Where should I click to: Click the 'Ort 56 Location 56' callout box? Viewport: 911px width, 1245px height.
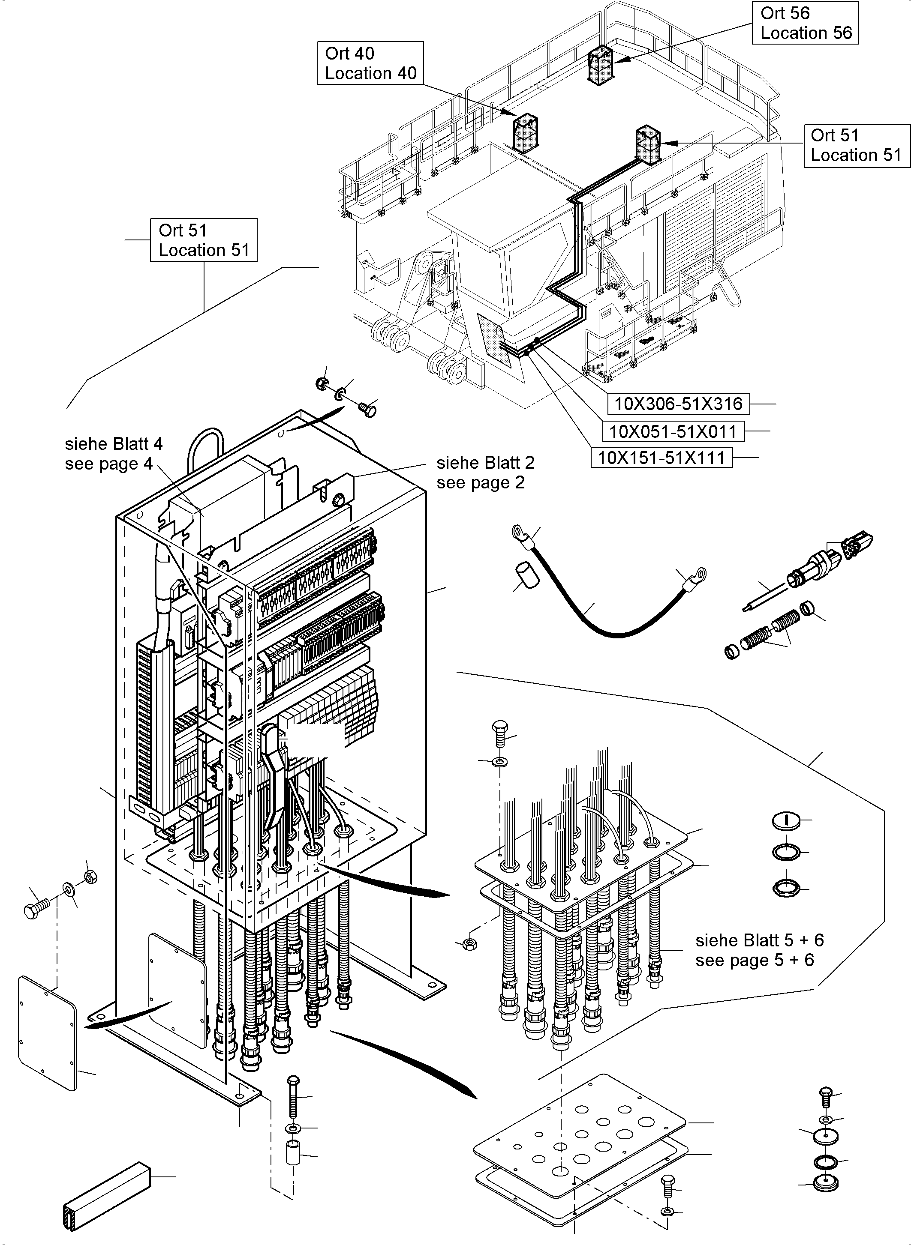(805, 23)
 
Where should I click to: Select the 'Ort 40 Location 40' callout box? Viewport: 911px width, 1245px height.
(370, 63)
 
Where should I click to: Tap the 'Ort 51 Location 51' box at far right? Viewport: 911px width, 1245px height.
(855, 146)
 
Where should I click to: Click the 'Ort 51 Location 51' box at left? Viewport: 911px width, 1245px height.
(204, 240)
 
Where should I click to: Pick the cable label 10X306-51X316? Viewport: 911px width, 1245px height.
(678, 404)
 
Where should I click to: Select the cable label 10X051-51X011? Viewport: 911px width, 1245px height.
(672, 431)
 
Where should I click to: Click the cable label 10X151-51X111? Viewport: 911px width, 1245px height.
(661, 458)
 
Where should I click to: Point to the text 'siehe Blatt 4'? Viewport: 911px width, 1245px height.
(114, 444)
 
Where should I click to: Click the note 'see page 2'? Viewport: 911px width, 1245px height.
(480, 483)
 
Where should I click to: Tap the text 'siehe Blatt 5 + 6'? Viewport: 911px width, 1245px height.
(759, 940)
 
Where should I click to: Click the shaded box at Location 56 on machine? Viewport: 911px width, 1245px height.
(601, 66)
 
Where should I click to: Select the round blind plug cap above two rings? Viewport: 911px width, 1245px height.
(785, 820)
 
